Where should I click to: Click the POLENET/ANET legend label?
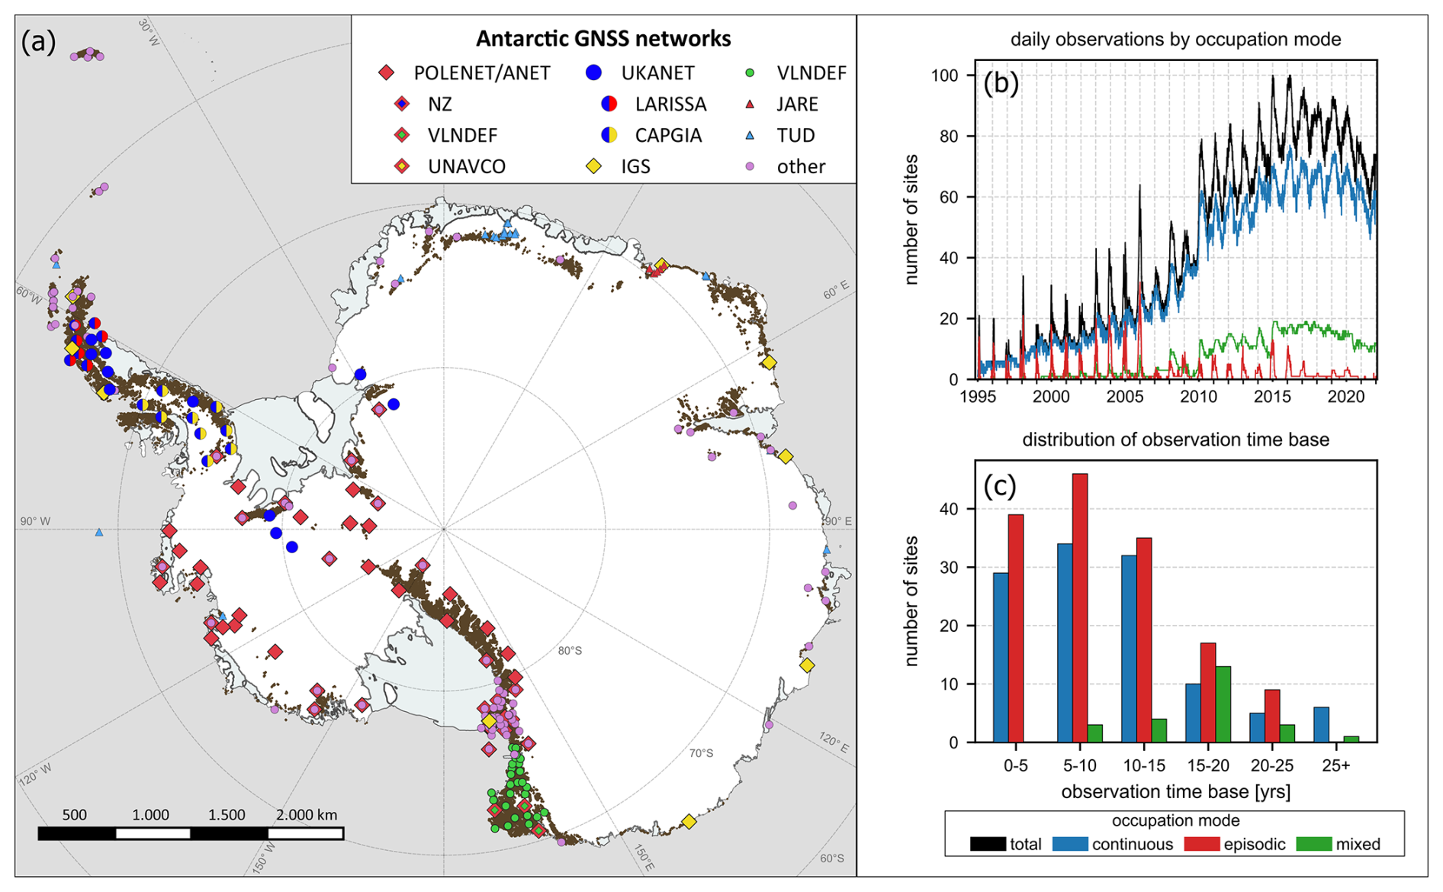click(x=481, y=73)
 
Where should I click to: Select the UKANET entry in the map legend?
click(x=657, y=73)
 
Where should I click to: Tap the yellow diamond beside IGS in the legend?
click(x=593, y=166)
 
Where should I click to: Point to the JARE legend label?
click(x=797, y=105)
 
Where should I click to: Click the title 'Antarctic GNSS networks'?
click(x=603, y=39)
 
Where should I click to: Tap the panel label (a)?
click(x=39, y=41)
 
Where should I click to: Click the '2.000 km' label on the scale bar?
click(x=307, y=815)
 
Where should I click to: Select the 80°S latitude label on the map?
click(x=570, y=651)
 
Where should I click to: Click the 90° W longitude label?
click(x=35, y=522)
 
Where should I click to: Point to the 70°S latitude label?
click(x=701, y=753)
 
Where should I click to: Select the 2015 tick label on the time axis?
click(x=1272, y=397)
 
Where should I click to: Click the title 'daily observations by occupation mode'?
click(x=1175, y=40)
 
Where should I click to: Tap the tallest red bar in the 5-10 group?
click(x=1080, y=607)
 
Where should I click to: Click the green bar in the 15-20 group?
click(x=1223, y=704)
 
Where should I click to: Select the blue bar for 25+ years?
click(x=1321, y=724)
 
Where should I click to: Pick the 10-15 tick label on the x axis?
click(x=1144, y=765)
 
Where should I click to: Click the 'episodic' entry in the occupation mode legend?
click(x=1254, y=845)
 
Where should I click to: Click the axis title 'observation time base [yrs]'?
click(x=1175, y=792)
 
